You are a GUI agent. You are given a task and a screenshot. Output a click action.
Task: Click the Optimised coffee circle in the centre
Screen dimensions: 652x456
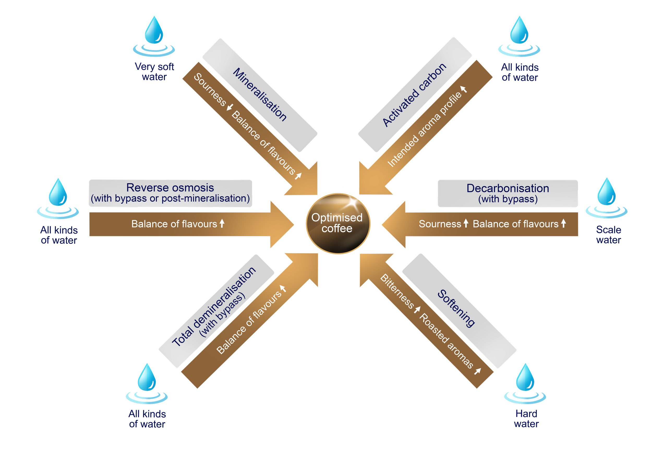coord(338,223)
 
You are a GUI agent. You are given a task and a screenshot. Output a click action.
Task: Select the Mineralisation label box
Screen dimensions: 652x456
coord(259,95)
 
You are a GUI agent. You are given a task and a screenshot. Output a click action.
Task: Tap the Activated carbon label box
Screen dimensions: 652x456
coord(415,95)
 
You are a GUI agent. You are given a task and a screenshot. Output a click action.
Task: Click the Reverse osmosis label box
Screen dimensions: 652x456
coord(170,193)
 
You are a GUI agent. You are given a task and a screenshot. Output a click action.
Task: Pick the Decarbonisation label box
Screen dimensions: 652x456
coord(508,193)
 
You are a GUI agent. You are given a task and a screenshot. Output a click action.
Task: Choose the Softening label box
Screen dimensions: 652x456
coord(459,311)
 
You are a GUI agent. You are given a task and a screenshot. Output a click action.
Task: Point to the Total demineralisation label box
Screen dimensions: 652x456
coord(216,311)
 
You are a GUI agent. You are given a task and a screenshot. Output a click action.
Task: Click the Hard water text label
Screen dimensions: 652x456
coord(526,418)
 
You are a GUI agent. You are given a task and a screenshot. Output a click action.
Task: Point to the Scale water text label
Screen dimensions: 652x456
coord(608,235)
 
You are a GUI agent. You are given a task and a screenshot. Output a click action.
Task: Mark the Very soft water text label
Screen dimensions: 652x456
coord(154,71)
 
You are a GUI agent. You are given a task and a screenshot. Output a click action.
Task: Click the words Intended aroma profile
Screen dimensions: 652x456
coord(425,130)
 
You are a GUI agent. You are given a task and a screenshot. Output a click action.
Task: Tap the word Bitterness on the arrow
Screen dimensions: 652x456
coord(397,291)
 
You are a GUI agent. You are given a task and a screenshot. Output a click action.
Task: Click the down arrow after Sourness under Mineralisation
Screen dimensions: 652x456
coord(230,107)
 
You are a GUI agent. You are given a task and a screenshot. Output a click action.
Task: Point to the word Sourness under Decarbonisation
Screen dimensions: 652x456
coord(440,224)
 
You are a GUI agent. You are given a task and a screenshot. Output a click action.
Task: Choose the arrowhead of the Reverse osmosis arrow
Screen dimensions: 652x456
coord(282,224)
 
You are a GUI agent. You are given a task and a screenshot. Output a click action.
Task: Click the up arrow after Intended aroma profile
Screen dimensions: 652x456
coord(463,89)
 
